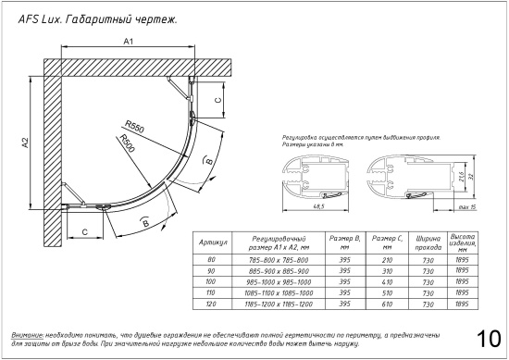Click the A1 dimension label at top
129,42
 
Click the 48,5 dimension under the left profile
321,206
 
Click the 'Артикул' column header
214,242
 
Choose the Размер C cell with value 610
381,303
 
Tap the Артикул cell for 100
214,281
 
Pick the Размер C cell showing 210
381,260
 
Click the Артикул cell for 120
214,303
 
